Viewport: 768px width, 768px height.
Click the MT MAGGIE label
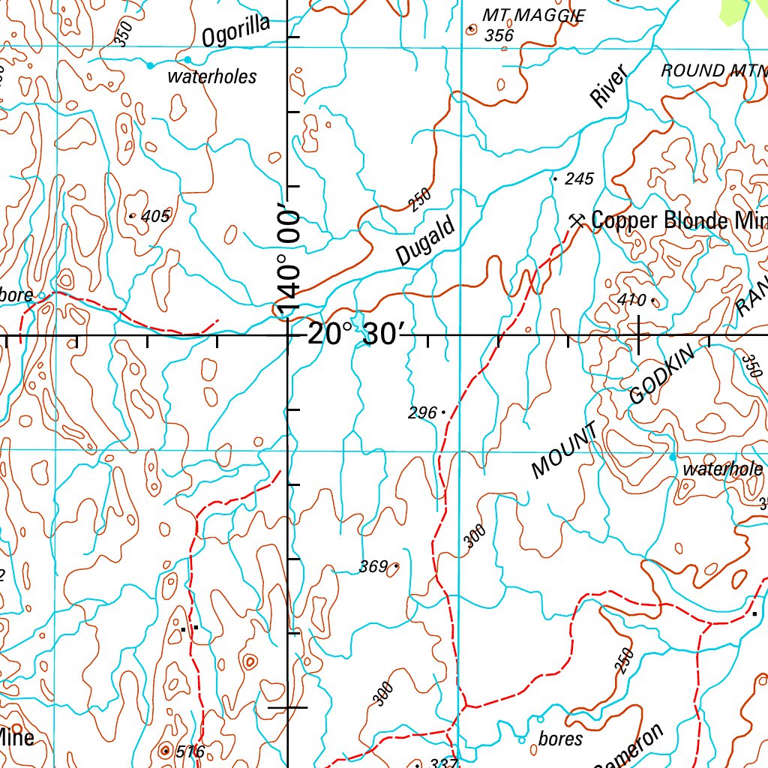point(533,15)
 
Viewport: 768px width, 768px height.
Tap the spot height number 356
point(499,35)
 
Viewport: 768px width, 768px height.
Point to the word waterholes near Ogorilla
point(211,76)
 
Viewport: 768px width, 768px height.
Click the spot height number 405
point(155,217)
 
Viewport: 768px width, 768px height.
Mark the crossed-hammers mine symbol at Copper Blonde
point(577,220)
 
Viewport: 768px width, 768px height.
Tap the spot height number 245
point(579,178)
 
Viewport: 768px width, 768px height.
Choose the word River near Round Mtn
point(607,85)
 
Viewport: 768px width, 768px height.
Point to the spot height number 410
point(631,301)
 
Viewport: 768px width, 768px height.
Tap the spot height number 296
point(422,412)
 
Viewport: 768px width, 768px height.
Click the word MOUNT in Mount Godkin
point(564,451)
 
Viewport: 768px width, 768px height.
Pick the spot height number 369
point(373,567)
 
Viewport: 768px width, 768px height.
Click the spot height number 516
point(189,751)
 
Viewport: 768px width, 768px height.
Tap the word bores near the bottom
point(560,739)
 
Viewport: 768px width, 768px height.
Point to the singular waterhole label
point(723,470)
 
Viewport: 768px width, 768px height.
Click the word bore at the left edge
point(16,295)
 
